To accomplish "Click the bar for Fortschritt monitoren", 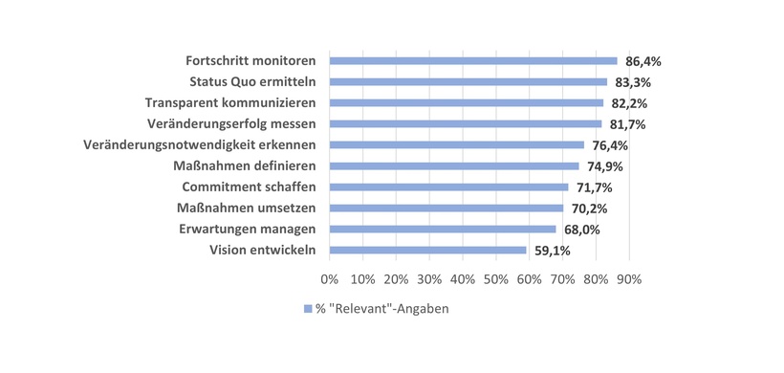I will click(x=473, y=60).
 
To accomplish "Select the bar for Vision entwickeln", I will click(x=427, y=251).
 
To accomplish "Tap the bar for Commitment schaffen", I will click(x=448, y=187).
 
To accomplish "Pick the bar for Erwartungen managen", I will click(x=443, y=230).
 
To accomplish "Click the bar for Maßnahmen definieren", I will click(x=454, y=166).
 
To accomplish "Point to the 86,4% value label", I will click(x=643, y=61).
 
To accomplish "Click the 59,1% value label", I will click(x=553, y=251).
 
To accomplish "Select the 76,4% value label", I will click(x=610, y=145).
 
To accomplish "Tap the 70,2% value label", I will click(x=590, y=208).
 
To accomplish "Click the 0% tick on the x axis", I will click(x=330, y=279).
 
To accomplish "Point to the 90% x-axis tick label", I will click(x=629, y=279).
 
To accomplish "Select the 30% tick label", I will click(x=429, y=279).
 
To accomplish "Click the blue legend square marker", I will click(x=307, y=309).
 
